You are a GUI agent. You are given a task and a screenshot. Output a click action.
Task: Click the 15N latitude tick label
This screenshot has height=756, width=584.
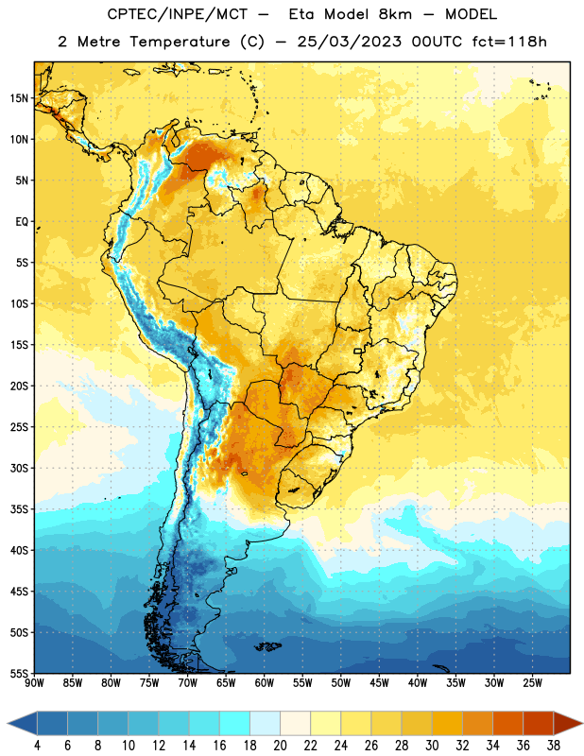click(19, 98)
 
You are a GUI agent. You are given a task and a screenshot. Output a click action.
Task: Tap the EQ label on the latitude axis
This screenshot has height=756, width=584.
click(22, 222)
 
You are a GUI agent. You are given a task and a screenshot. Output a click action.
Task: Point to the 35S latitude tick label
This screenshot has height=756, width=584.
click(19, 509)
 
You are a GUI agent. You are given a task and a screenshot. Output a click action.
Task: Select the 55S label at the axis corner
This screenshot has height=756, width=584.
click(19, 673)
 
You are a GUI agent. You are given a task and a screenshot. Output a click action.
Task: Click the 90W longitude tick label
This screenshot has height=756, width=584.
click(34, 683)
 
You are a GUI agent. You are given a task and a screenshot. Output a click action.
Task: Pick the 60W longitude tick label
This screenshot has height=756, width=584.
click(265, 683)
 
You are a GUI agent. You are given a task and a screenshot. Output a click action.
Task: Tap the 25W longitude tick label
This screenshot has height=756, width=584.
click(532, 683)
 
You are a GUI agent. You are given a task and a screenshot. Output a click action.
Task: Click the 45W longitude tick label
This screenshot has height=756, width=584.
click(379, 683)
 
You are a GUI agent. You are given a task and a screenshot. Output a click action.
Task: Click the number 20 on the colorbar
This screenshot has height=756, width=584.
click(280, 746)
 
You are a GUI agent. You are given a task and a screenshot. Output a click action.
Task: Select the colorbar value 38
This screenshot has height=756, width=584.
click(553, 746)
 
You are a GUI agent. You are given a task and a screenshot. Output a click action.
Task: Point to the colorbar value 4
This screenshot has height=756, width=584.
click(37, 746)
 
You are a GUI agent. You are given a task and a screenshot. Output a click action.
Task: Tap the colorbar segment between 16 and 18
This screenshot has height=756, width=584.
click(235, 723)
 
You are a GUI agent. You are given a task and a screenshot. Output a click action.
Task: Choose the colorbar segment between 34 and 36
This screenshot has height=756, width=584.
click(507, 723)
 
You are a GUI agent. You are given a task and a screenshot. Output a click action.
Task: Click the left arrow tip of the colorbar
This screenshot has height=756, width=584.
click(8, 723)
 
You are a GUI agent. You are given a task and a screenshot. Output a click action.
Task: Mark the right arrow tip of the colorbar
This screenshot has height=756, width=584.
click(582, 723)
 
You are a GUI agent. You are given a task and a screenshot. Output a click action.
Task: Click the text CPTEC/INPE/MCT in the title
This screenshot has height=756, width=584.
click(178, 14)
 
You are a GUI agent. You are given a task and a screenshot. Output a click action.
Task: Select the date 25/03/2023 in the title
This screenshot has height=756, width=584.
click(349, 42)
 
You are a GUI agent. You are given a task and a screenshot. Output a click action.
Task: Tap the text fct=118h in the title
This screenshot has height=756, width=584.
click(509, 42)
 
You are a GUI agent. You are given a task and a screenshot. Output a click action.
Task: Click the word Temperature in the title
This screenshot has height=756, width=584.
click(180, 42)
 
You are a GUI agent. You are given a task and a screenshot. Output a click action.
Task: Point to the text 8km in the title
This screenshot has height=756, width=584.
click(394, 14)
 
